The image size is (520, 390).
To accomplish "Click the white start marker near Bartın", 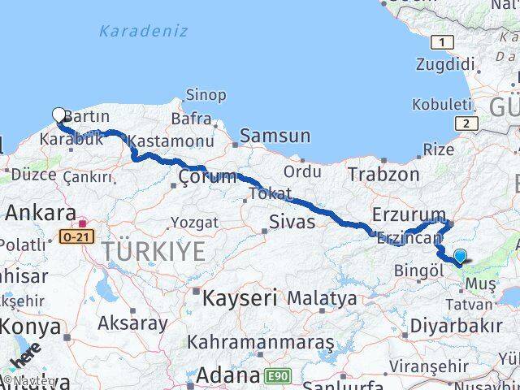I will point(59,115).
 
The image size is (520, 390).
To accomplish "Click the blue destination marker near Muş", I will point(460,257).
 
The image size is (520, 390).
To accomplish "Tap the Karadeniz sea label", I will point(143,32).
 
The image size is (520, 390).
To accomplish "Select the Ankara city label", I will point(41,214).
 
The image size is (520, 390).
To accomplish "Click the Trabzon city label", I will point(383,174).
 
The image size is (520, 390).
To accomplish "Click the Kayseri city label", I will point(240,297).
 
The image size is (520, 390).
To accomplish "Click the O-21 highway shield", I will point(76,237).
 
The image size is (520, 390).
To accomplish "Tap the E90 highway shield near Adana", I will point(275,376).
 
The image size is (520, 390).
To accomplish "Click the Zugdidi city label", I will point(444,65).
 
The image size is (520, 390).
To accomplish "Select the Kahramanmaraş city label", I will point(260,342).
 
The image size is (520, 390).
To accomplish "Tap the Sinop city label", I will point(206,95).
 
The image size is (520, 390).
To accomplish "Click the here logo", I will point(25,358).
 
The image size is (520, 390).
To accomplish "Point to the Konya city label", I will point(30,327).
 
